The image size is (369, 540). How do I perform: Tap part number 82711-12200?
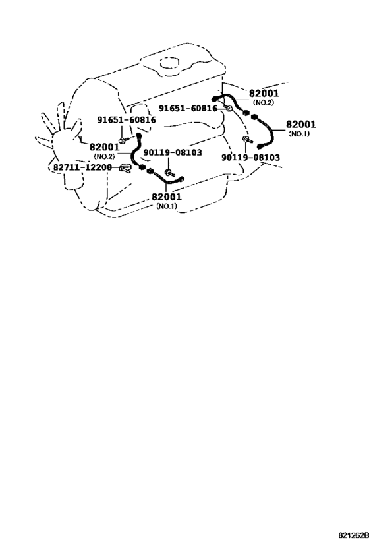click(82, 167)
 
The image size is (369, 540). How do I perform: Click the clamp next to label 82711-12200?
click(125, 168)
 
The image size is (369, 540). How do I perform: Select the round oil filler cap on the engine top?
click(170, 65)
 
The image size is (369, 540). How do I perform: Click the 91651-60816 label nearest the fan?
click(127, 120)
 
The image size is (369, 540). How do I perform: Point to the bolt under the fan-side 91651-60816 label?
click(123, 140)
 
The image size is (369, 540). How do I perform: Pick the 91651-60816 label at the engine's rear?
click(188, 109)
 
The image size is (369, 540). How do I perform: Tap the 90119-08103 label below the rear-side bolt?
click(250, 158)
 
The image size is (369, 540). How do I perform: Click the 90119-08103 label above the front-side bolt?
click(173, 152)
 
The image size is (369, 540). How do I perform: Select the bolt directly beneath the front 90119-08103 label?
click(169, 173)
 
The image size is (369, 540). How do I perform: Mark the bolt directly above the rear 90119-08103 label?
click(246, 140)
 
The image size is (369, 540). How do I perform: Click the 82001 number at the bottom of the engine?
click(167, 197)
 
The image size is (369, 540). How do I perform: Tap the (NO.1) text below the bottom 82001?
click(167, 206)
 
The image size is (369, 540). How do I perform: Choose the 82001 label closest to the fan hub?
click(105, 147)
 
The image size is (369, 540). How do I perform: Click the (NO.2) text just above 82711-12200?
click(104, 157)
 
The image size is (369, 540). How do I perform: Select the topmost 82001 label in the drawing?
click(264, 94)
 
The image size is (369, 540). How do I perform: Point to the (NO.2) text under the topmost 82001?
click(264, 103)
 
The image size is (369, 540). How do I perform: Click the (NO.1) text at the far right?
click(299, 134)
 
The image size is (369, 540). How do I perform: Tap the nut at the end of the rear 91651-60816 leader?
click(229, 109)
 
